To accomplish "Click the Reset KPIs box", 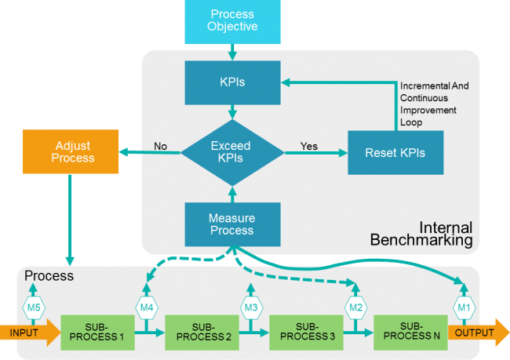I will point(395,151).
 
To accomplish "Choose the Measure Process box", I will point(231,224).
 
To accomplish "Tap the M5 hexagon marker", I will point(35,307).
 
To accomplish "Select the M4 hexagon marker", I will point(148,307).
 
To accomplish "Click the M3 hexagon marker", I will point(251,307).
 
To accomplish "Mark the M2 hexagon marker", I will point(355,307).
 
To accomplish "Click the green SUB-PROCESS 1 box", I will point(97,333).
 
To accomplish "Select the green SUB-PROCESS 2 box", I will point(201,333).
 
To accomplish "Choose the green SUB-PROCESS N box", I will point(410,333).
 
